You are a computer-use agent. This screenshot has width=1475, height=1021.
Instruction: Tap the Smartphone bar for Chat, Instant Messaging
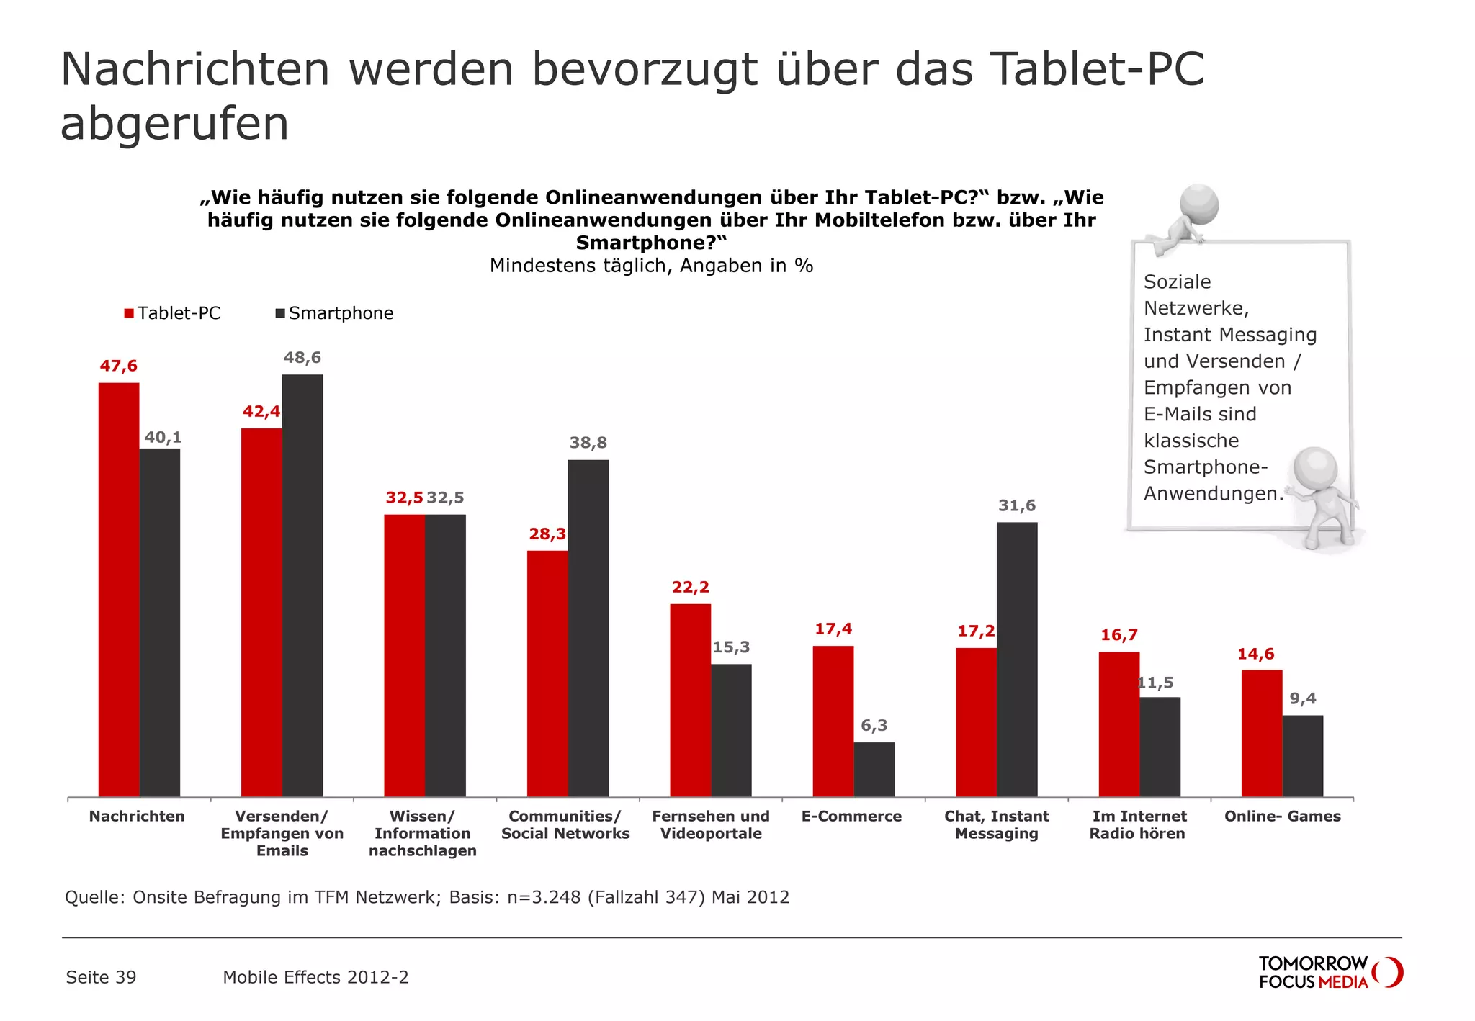pos(1016,659)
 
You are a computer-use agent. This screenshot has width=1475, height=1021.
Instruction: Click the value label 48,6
pos(302,358)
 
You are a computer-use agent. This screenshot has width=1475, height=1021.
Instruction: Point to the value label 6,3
pos(874,725)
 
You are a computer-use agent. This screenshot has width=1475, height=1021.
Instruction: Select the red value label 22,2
pos(690,588)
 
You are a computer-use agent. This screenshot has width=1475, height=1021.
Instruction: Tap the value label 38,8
pos(588,443)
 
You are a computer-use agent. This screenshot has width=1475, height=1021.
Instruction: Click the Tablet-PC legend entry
pos(172,313)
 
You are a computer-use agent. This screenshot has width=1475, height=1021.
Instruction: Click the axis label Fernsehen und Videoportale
pos(710,824)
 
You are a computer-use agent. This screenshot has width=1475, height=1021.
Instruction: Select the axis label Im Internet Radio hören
pos(1138,824)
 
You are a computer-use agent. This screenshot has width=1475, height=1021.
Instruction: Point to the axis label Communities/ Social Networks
pos(565,824)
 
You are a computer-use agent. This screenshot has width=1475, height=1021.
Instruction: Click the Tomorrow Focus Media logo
pos(1330,972)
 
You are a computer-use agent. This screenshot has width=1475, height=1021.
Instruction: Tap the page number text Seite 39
pos(101,977)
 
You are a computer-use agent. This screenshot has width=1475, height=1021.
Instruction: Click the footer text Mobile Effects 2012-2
pos(315,977)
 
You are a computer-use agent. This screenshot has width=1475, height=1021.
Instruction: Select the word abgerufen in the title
pos(174,124)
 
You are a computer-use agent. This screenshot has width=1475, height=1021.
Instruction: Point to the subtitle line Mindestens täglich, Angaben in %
pos(651,266)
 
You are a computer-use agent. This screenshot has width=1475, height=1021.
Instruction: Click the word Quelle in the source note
pos(94,897)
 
